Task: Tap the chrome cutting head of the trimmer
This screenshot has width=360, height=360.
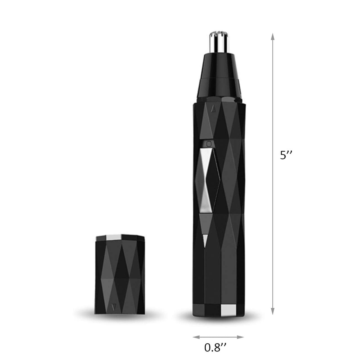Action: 219,42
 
